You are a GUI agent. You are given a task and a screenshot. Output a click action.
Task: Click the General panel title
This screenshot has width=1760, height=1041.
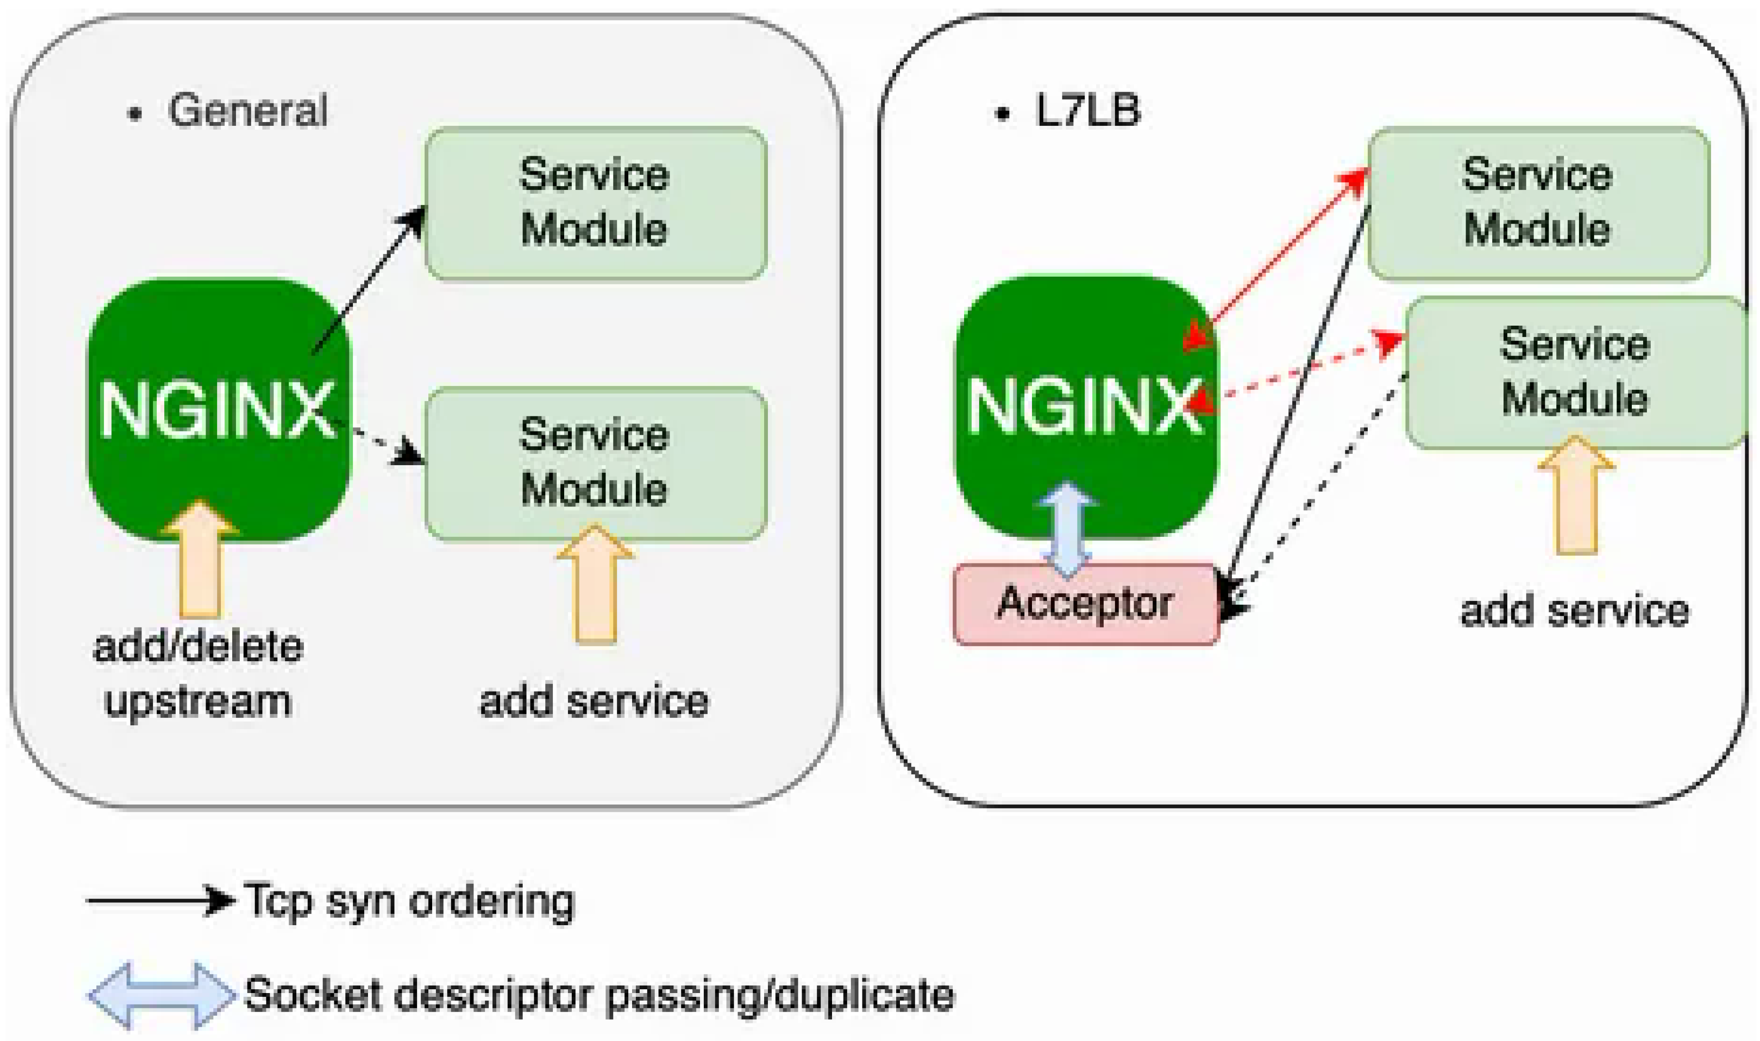click(247, 111)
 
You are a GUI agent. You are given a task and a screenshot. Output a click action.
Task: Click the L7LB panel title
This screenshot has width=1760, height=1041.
click(1087, 111)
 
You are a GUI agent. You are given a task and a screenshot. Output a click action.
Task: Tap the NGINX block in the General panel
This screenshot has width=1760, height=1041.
click(218, 410)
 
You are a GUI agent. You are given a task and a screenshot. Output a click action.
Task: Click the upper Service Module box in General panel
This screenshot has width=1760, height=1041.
click(595, 204)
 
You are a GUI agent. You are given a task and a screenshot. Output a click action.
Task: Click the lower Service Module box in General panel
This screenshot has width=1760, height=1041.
click(595, 463)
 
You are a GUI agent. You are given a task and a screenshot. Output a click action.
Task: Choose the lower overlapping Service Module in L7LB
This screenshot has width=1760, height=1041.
click(1575, 372)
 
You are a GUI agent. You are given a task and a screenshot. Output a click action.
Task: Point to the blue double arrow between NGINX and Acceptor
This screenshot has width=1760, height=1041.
click(1067, 530)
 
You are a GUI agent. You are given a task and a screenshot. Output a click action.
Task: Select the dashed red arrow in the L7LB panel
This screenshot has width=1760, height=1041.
click(1298, 372)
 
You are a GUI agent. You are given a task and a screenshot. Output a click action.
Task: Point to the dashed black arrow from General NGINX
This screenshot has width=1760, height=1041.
click(379, 442)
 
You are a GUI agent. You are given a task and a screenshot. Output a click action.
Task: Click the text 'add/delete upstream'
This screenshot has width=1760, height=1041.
click(198, 674)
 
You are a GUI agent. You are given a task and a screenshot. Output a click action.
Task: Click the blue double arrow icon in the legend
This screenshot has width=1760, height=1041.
click(161, 994)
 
